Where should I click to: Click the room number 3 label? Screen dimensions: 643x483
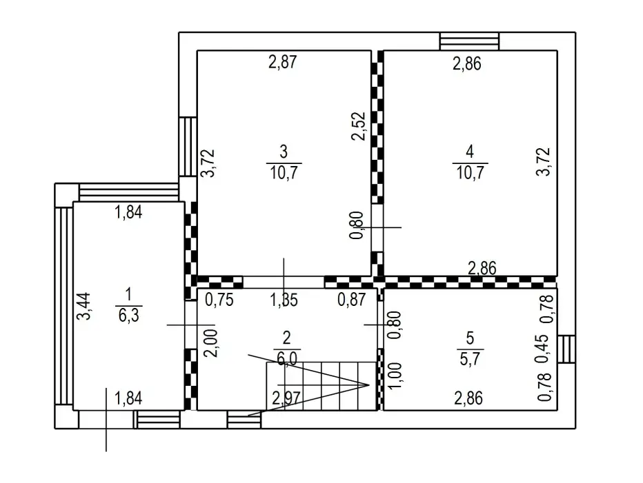coord(284,152)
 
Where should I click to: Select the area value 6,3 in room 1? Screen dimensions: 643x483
coord(129,316)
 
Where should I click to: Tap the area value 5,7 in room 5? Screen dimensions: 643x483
coord(470,359)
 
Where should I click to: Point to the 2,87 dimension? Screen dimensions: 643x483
coord(282,62)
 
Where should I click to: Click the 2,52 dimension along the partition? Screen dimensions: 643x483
coord(359,126)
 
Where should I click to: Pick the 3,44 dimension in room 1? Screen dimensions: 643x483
coord(84,306)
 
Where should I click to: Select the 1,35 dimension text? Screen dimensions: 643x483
coord(284,300)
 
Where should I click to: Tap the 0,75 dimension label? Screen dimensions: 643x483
coord(219,300)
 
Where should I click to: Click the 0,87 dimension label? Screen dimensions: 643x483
coord(351,300)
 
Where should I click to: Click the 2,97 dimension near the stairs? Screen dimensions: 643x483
coord(286,398)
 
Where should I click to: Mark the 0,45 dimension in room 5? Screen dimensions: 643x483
coord(542,348)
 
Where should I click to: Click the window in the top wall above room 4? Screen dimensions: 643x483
coord(470,41)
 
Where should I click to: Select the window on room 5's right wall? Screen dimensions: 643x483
coord(566,349)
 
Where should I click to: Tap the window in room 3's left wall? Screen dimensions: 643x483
coord(188,147)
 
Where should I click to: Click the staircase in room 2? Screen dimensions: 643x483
coord(321,385)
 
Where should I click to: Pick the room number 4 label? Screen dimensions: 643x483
coord(470,152)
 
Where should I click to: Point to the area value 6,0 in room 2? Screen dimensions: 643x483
coord(286,359)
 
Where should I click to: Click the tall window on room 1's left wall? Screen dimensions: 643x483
coord(64,307)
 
